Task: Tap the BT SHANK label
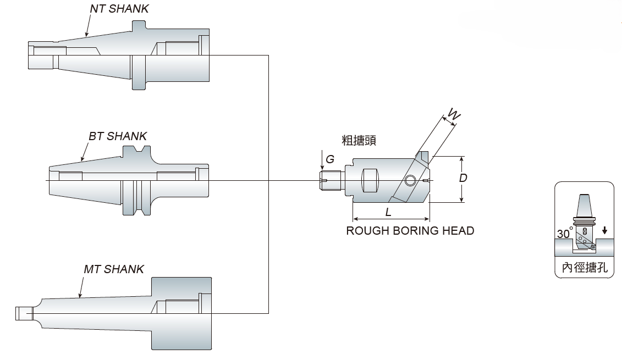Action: pos(118,136)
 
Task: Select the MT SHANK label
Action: pos(114,269)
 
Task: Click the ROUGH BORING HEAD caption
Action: pos(410,231)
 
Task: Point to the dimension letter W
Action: pos(454,114)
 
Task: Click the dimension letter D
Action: pos(463,178)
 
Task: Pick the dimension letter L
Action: pos(388,212)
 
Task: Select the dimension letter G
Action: pos(330,159)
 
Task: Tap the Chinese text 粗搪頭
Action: pos(359,141)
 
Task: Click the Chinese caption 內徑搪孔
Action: pos(584,268)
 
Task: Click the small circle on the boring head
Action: pos(410,181)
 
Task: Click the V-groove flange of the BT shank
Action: pos(135,181)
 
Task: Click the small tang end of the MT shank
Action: pos(23,313)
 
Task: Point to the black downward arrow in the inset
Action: pos(604,230)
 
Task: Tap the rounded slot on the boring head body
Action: pos(370,181)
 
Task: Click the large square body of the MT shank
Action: pos(181,313)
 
